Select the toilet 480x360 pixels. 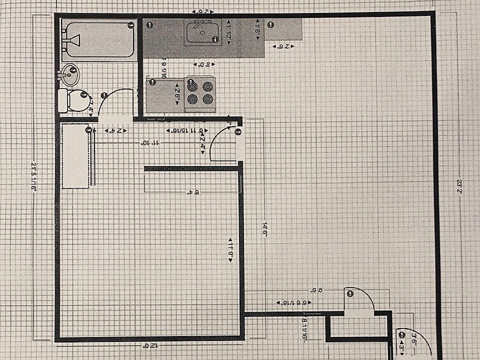[x=72, y=100]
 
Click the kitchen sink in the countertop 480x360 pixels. [x=202, y=33]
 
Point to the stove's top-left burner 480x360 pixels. [x=193, y=86]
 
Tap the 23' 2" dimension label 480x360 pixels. [x=458, y=183]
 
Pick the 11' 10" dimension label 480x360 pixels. [x=150, y=143]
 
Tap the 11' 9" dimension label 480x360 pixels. [x=231, y=246]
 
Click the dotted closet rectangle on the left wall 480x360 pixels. [x=75, y=155]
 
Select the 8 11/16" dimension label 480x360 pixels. [x=304, y=330]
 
